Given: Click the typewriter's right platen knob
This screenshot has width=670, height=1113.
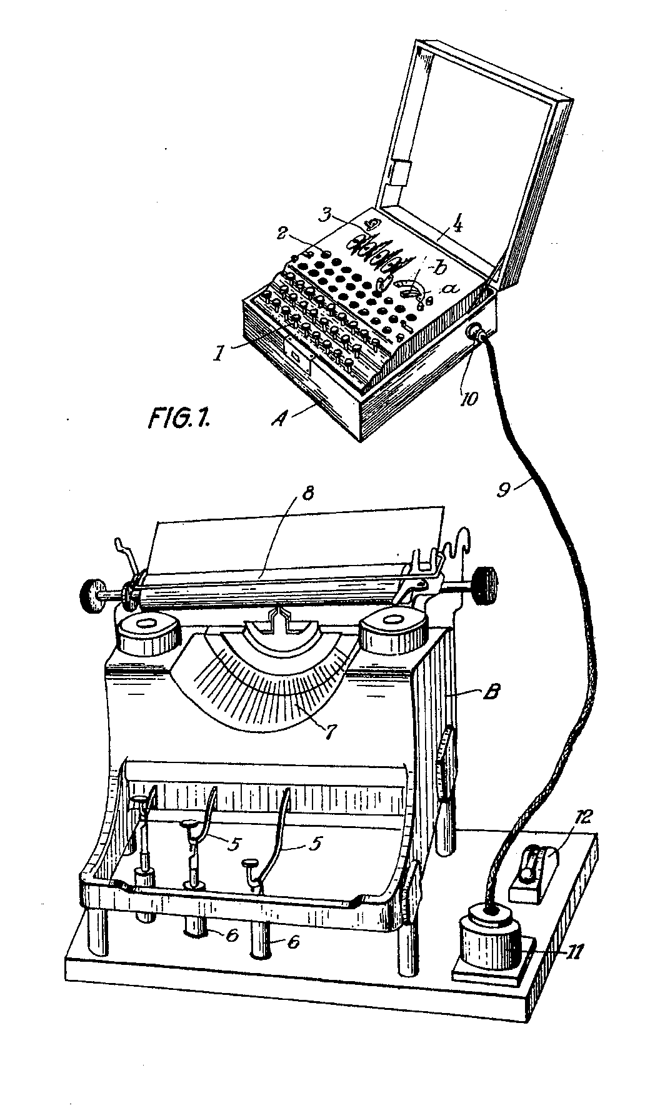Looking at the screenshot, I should (486, 584).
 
